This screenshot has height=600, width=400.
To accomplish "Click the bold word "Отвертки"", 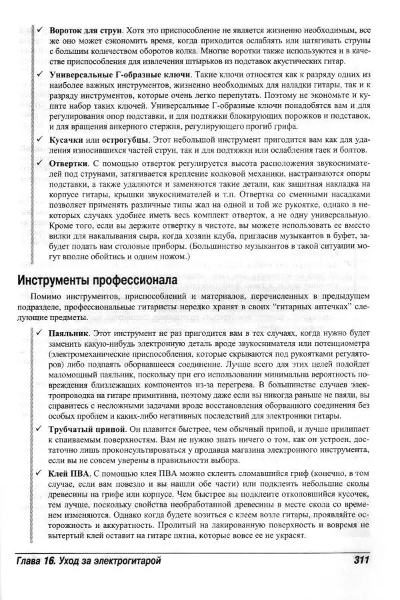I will [x=69, y=163].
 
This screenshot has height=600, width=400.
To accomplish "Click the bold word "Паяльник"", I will [x=73, y=331].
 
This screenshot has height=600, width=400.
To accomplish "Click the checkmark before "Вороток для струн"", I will [x=41, y=31].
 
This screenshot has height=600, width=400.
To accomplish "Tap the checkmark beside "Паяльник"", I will [x=41, y=331].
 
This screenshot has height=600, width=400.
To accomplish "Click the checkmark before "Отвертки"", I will [x=41, y=163].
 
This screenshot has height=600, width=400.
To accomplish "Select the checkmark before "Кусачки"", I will [x=41, y=141].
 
